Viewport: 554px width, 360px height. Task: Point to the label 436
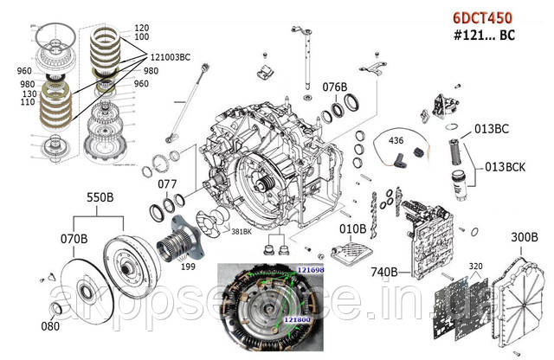pyautogui.click(x=395, y=140)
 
